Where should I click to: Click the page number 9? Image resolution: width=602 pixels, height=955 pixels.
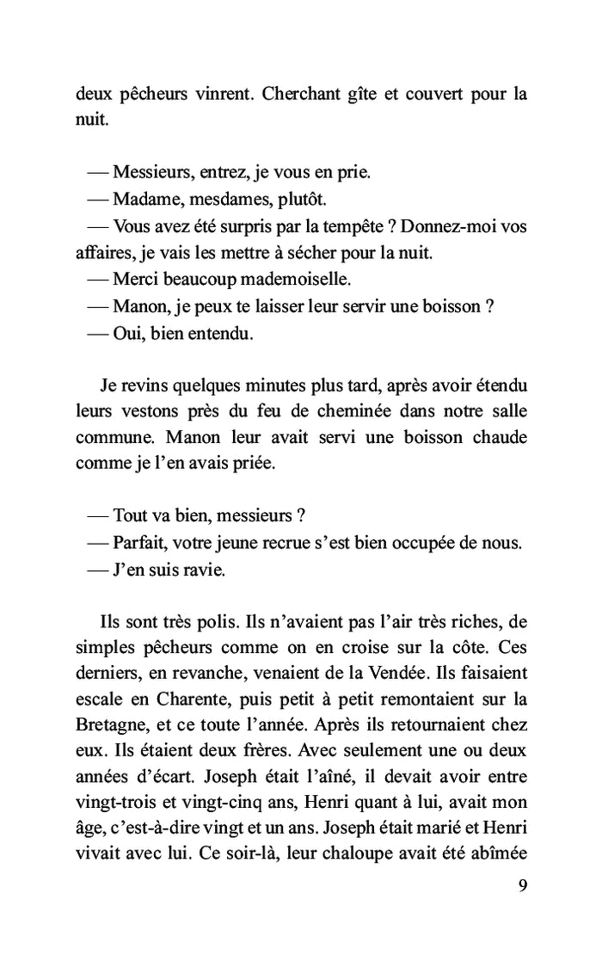522,886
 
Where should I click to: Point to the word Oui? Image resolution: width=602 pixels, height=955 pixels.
128,333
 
